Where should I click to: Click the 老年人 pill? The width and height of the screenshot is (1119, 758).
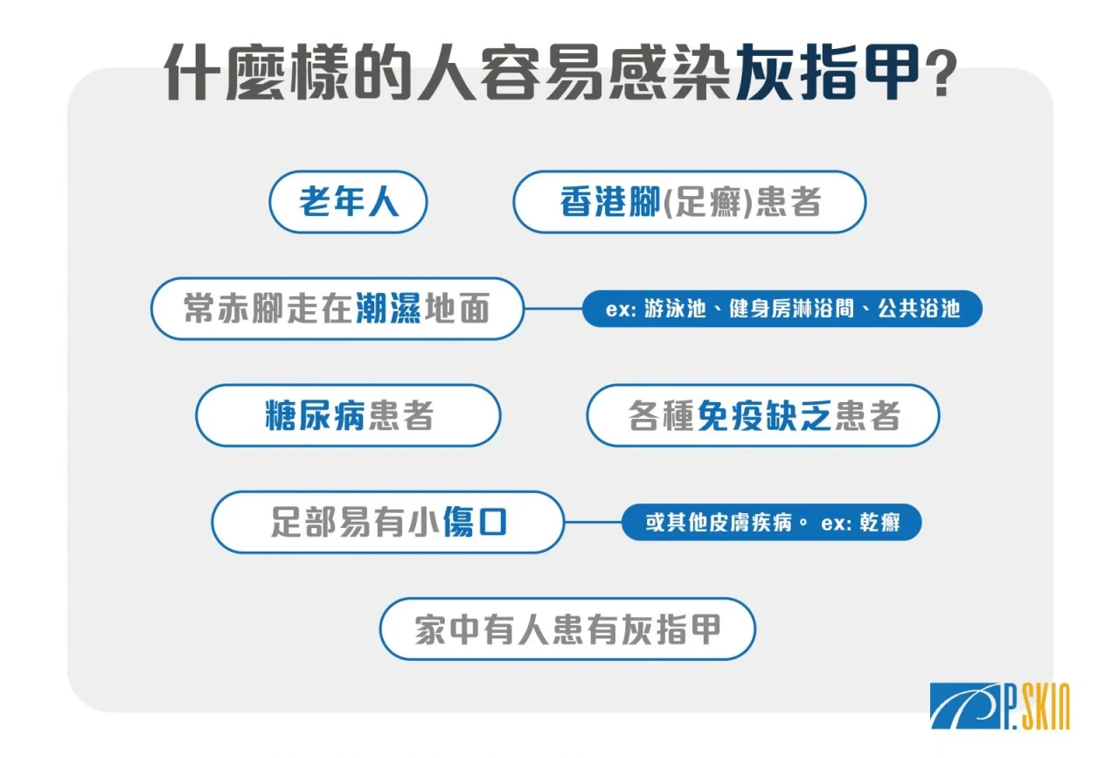[x=348, y=202]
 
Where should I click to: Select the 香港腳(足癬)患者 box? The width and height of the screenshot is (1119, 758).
[x=690, y=202]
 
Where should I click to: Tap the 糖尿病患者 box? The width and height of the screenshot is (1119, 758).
[x=348, y=415]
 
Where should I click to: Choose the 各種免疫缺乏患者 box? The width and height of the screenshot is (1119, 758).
[x=763, y=415]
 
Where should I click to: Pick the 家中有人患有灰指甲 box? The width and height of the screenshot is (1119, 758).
[x=567, y=629]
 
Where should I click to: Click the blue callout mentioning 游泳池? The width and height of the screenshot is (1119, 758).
[x=782, y=309]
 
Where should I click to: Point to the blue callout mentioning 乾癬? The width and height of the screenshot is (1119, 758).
[x=772, y=522]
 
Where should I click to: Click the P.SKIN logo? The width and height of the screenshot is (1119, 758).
[x=1000, y=706]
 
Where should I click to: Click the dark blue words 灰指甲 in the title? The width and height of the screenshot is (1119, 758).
[x=828, y=73]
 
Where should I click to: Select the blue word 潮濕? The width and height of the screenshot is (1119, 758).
[x=388, y=309]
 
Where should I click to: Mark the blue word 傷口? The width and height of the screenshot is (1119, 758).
[x=475, y=522]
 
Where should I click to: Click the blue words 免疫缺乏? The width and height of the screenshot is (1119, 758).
[x=764, y=415]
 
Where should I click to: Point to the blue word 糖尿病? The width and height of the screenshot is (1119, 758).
[x=316, y=415]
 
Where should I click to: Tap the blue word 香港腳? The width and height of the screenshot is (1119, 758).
[x=610, y=202]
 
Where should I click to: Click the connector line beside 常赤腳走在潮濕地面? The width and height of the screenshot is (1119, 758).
[x=553, y=309]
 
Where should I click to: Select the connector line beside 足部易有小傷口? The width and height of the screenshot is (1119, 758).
[x=594, y=522]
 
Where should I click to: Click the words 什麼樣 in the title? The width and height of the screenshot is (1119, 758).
[x=257, y=73]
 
